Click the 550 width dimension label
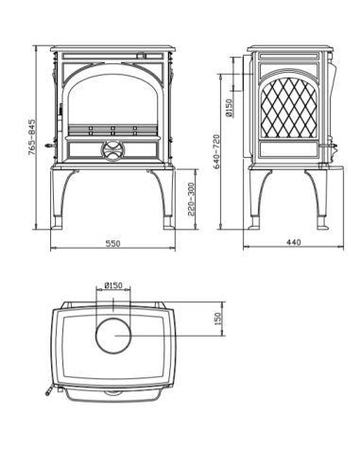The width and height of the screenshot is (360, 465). coord(112,243)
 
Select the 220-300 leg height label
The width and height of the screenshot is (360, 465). coord(193,199)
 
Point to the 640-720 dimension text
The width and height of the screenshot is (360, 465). coord(217,150)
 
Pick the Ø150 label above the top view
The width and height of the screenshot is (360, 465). coord(113,284)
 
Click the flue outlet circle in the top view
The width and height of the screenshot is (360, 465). coord(114,336)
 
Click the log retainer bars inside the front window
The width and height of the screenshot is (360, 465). coord(111,129)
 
